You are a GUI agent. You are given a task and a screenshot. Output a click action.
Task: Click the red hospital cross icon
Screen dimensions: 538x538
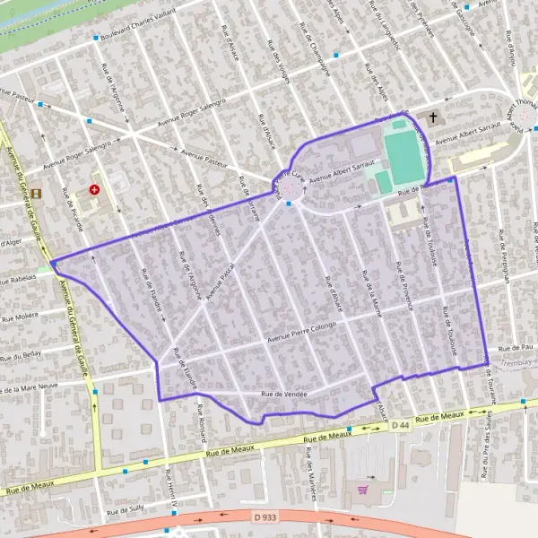[x=94, y=190]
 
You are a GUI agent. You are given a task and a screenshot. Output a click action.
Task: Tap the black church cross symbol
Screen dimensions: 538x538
[x=433, y=117]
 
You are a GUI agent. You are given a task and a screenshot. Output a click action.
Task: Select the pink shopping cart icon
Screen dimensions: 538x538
[x=362, y=490]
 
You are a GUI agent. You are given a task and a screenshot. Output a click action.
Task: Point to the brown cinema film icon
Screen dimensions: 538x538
[x=36, y=193]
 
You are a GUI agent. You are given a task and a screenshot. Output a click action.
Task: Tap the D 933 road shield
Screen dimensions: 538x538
[x=264, y=517]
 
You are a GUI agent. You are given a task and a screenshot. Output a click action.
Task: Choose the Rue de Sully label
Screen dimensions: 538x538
[x=125, y=512]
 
